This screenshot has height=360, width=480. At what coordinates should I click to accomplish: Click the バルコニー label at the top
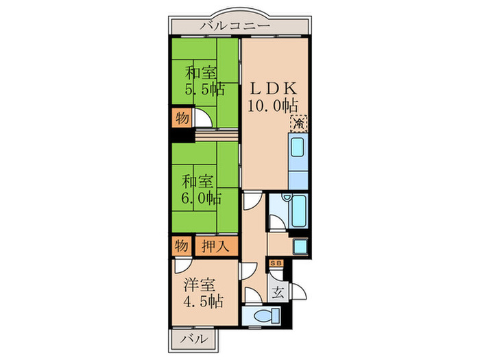pos(235,27)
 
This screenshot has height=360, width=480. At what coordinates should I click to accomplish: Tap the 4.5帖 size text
pos(202,300)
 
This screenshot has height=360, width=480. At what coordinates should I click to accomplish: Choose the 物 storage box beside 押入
pos(181,245)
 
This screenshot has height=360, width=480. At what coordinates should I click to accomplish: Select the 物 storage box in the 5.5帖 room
pos(182,117)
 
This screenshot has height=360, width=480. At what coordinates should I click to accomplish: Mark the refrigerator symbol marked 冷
pos(300,123)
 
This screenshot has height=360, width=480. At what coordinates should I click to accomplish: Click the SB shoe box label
pos(277,263)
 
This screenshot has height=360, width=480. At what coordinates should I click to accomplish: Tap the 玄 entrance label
pos(278,291)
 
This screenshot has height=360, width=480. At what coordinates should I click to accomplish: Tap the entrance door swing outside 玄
pos(300,292)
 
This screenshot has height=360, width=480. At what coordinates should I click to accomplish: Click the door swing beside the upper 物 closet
pos(204,119)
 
